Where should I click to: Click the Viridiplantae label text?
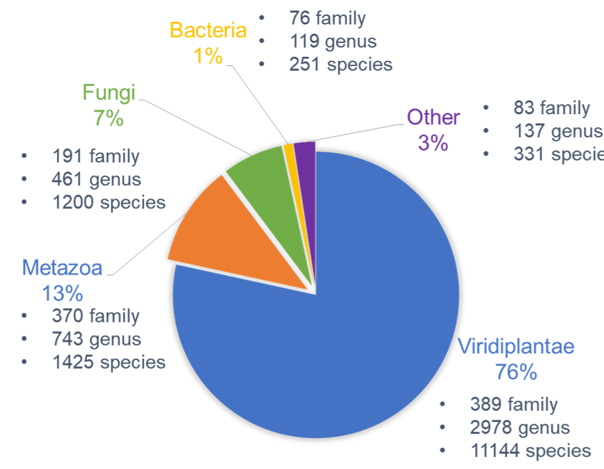[516, 346]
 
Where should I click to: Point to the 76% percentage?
[516, 371]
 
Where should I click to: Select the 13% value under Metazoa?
[62, 292]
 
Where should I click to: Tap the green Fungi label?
[108, 92]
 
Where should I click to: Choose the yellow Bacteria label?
[208, 30]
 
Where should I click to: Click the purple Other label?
[433, 117]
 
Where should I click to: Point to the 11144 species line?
[530, 451]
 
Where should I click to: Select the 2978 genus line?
[520, 427]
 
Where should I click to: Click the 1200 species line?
[109, 202]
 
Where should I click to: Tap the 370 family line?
[96, 316]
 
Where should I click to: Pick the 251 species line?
[341, 65]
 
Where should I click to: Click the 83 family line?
[551, 108]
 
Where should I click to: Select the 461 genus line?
[96, 179]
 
